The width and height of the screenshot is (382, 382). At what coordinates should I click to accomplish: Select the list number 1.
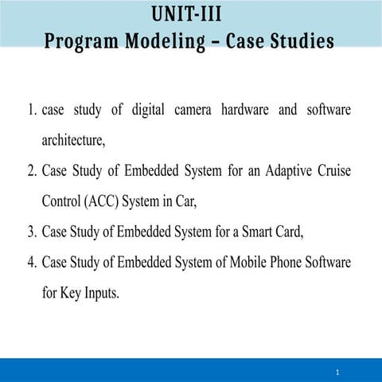tap(29, 111)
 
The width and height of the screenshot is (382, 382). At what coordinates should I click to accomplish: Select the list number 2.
tap(30, 172)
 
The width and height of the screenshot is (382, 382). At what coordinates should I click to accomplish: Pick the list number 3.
tap(30, 232)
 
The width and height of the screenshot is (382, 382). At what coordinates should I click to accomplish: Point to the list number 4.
tap(30, 263)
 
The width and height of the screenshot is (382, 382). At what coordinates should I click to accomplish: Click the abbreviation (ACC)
tap(100, 202)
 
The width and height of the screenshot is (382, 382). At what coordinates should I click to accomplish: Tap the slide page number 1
tap(337, 372)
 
